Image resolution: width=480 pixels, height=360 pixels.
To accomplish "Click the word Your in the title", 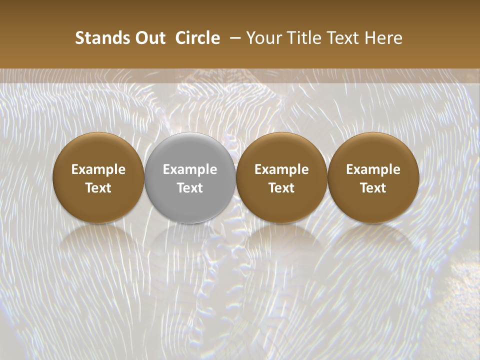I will click(x=264, y=38).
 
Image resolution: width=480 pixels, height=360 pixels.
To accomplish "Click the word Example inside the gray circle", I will click(x=190, y=169).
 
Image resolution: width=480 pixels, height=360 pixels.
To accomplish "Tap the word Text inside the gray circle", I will click(x=190, y=188).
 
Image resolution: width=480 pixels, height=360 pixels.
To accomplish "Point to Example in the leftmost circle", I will click(x=98, y=169).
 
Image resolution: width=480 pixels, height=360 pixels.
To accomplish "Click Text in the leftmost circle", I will click(x=98, y=188).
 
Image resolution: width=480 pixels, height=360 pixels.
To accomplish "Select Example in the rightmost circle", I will click(x=373, y=169).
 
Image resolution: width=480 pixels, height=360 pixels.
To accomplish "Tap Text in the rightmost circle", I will click(x=373, y=188).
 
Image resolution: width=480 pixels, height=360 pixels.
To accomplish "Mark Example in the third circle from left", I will click(x=281, y=169).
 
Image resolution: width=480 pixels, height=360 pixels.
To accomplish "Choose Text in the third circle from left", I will click(x=281, y=188).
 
